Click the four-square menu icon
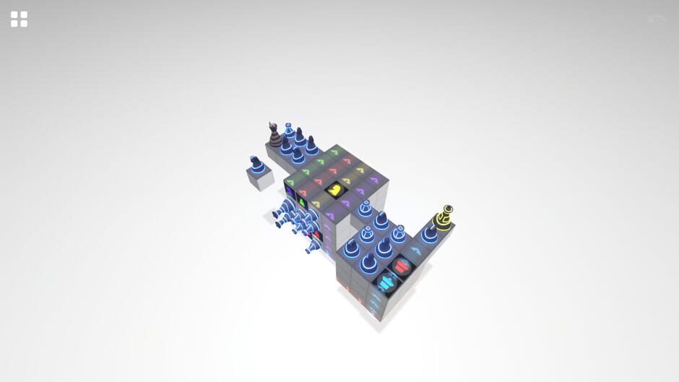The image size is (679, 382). tap(19, 19)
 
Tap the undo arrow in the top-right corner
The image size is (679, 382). tap(657, 19)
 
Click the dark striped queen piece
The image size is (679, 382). tap(274, 134)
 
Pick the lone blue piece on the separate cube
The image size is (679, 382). tap(255, 164)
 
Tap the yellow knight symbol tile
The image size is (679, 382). tap(335, 191)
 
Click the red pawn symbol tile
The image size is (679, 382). tap(403, 266)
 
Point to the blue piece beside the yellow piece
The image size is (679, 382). tap(430, 231)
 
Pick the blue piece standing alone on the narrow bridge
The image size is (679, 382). tap(365, 209)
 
